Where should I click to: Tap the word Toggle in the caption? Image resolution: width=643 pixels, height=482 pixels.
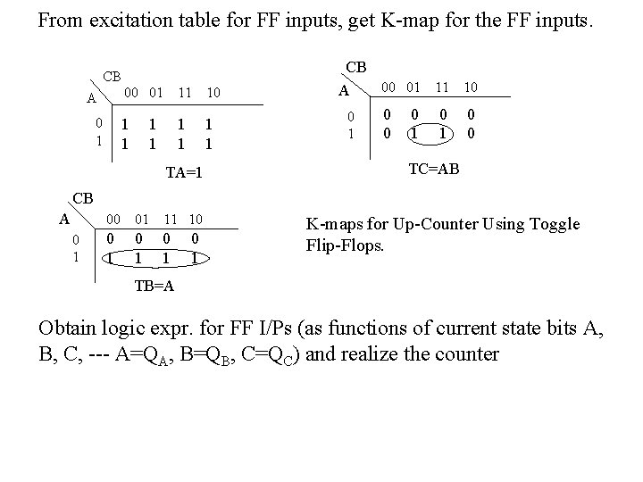[556, 224]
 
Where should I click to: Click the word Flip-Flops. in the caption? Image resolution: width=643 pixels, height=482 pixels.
[344, 243]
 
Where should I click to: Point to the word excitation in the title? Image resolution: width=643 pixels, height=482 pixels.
[148, 19]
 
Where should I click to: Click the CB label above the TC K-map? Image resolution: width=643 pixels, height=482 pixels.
[355, 67]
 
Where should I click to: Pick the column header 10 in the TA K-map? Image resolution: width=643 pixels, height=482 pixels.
[213, 92]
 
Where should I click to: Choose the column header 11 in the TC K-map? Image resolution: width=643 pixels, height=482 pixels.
[440, 87]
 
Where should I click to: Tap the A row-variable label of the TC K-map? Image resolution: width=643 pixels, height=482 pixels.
[342, 90]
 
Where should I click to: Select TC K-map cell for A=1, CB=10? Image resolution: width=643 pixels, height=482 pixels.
[471, 132]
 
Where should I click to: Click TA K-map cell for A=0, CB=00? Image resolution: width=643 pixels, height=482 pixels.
[125, 125]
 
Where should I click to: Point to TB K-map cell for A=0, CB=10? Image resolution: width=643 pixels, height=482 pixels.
[195, 238]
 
